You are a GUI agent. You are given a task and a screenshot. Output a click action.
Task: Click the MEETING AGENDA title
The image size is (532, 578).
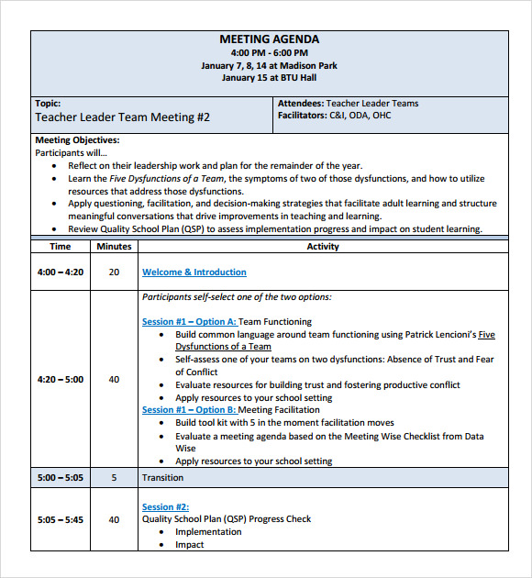coord(269,39)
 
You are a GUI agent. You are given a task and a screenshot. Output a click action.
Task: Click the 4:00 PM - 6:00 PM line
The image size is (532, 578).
coord(269,53)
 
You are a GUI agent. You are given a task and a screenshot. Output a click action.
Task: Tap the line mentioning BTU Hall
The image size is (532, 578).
coord(269,78)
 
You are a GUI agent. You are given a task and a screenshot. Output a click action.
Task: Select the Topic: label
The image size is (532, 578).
coord(48,104)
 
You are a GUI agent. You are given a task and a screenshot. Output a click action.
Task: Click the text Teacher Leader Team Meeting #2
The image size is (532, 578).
coord(122,117)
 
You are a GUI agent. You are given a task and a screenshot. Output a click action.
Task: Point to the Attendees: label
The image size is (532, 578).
coord(300,104)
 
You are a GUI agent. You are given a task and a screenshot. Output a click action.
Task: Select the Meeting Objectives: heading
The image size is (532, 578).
coord(77,140)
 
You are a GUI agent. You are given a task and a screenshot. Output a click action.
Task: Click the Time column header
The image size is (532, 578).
coord(61,246)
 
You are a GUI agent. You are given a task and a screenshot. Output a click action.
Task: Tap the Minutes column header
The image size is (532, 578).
coord(114,246)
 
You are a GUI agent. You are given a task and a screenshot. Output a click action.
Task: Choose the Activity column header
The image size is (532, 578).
coord(323,246)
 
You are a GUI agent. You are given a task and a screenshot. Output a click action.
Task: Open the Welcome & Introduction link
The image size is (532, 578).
coord(194,272)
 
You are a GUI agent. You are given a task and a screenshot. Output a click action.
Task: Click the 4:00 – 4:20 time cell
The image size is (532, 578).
coord(61,272)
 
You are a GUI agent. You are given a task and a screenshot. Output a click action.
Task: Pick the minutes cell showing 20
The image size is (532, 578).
coord(114,272)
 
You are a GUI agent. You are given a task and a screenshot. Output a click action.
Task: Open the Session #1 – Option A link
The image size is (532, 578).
coord(189,322)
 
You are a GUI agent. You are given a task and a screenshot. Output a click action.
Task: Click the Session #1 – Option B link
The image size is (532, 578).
coord(189,410)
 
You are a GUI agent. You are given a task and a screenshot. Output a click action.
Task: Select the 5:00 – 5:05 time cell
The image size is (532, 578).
coord(61,478)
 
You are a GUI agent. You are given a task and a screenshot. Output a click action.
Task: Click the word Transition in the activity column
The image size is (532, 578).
coord(162,478)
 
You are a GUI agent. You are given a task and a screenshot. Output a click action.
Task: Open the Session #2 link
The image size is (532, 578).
coord(165,506)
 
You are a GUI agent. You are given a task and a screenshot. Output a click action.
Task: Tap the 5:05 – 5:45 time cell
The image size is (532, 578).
coord(61,519)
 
